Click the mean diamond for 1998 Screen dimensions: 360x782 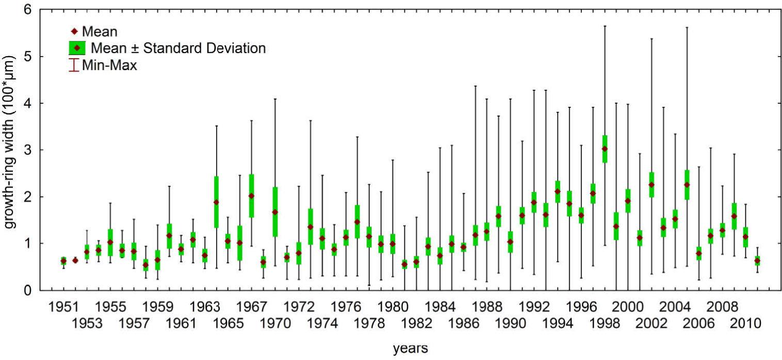click(x=605, y=149)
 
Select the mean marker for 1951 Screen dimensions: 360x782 click(x=63, y=261)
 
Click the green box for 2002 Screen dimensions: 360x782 click(x=651, y=185)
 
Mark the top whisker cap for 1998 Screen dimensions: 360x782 click(x=605, y=26)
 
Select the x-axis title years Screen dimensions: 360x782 click(x=410, y=349)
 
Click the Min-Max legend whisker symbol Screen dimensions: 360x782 click(x=74, y=66)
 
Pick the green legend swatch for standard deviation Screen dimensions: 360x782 click(x=77, y=48)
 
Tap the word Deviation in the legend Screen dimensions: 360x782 click(x=236, y=48)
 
